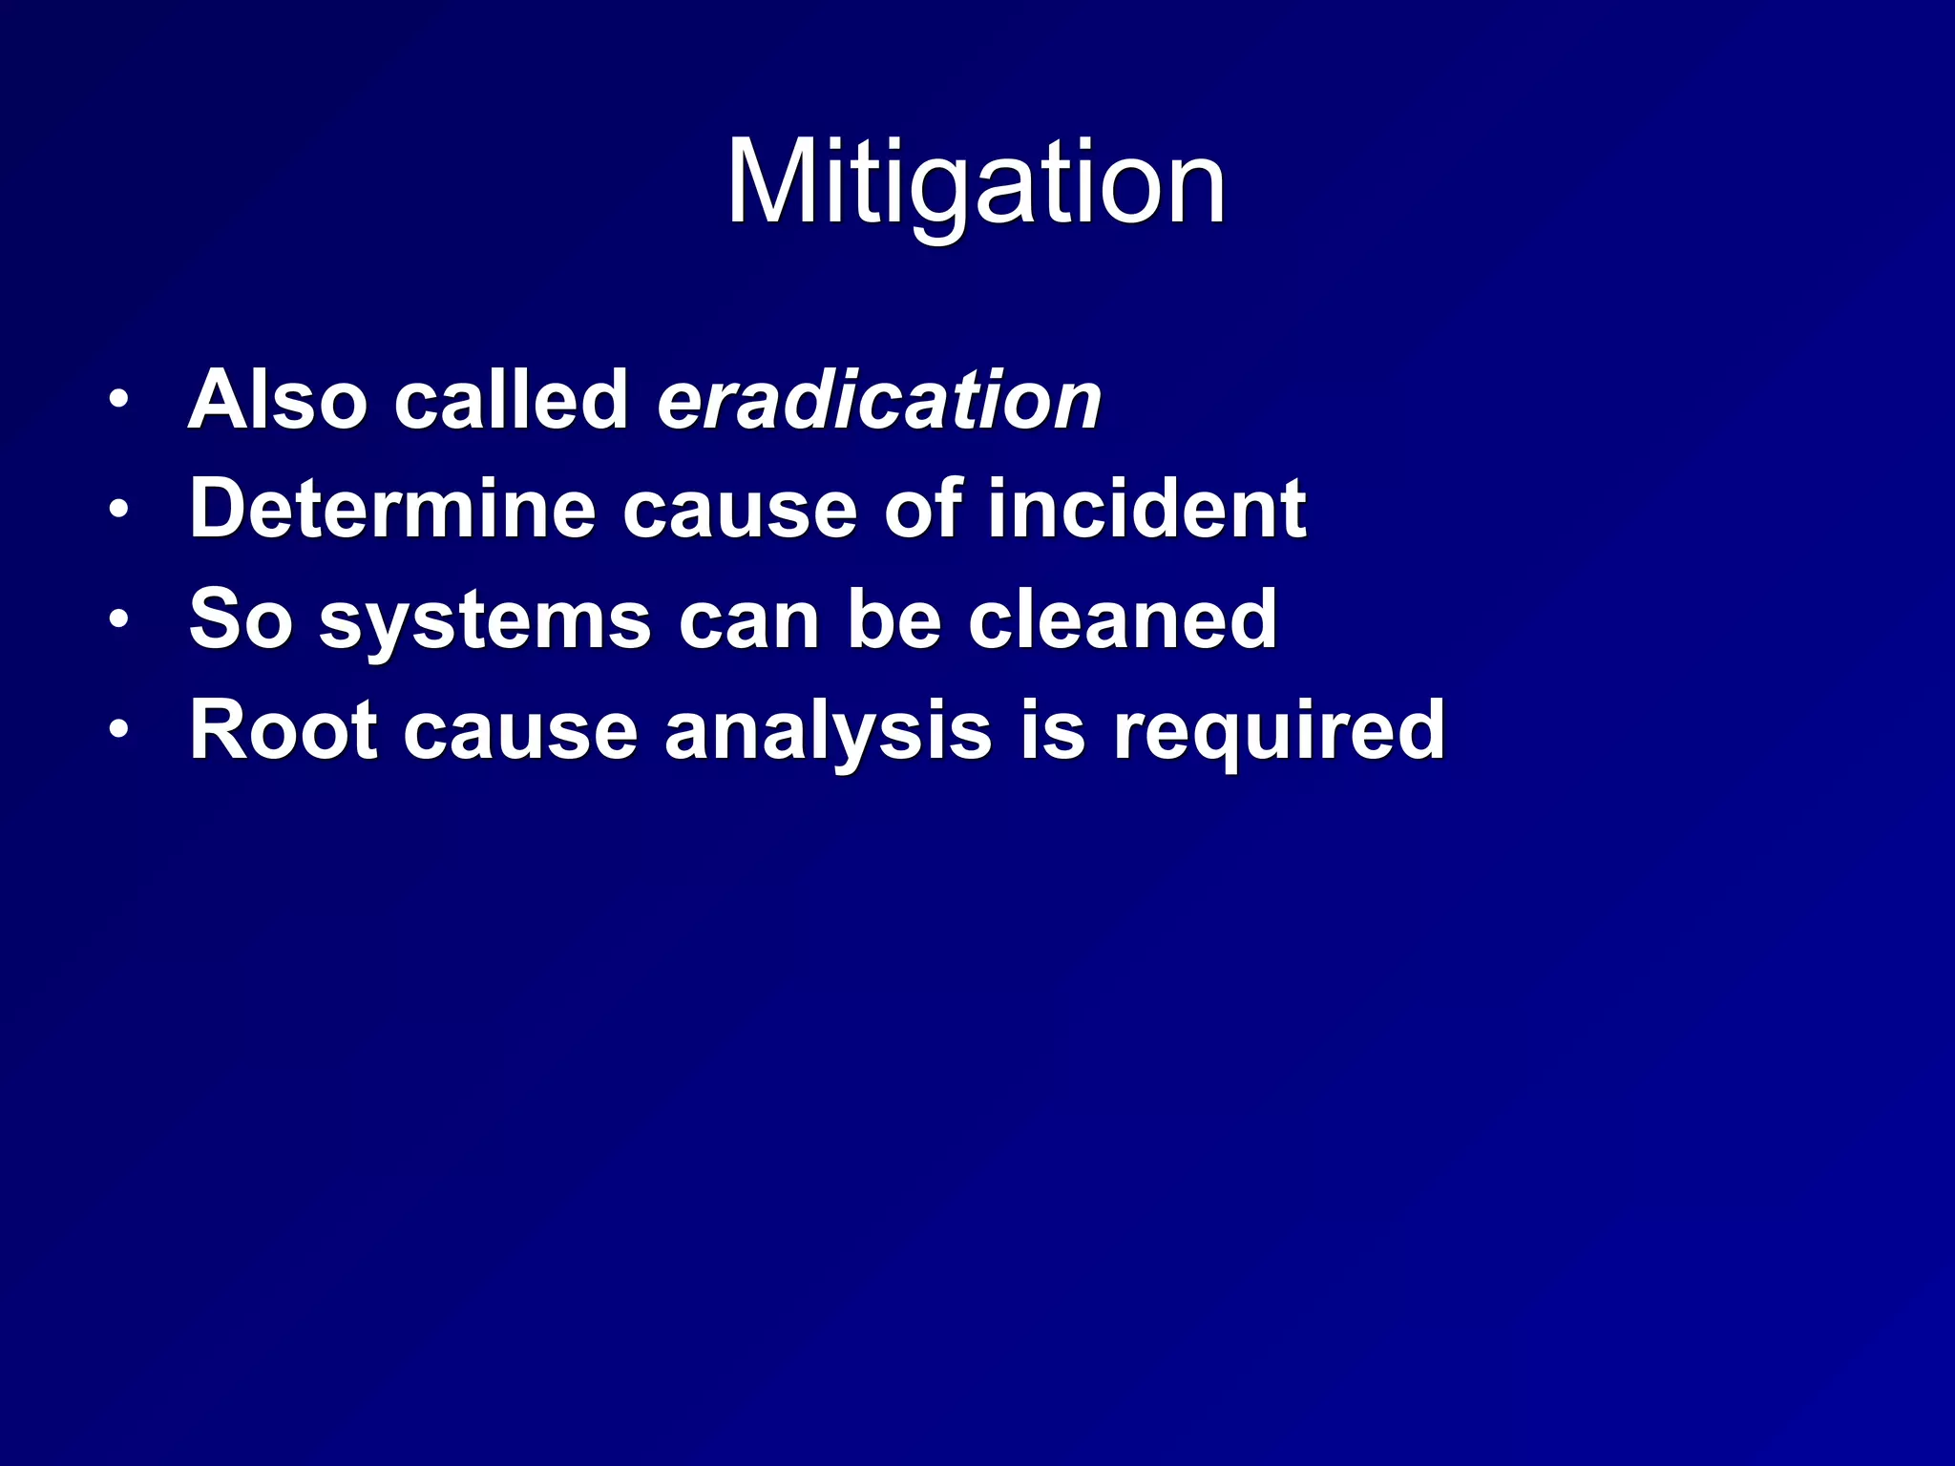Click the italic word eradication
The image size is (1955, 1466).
879,400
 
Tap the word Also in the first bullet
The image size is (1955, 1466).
278,400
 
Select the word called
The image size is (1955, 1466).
511,400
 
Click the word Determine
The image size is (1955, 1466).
392,510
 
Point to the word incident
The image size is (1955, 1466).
1146,510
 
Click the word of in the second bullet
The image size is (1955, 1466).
921,510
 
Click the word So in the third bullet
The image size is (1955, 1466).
240,620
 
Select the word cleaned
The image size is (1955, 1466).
1122,620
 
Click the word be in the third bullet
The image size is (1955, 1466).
893,620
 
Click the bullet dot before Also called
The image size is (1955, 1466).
117,400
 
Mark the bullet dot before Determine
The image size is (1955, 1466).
117,510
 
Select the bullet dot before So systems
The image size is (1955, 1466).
117,620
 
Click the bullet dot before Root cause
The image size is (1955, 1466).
117,730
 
